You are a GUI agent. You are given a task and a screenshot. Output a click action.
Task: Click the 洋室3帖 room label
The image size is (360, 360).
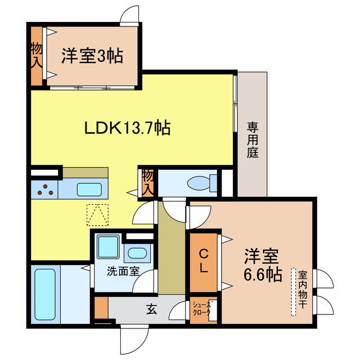coord(92,56)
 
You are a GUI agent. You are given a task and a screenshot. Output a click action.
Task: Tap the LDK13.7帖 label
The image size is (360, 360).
coord(128,128)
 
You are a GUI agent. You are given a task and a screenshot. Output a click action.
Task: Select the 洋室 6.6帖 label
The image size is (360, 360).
coord(263,266)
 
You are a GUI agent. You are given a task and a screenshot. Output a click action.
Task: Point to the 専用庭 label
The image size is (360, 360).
coord(252,140)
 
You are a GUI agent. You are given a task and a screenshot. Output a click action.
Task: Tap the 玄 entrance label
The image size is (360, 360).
coord(152,308)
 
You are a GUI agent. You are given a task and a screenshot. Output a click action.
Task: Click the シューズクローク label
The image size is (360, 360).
coord(202,309)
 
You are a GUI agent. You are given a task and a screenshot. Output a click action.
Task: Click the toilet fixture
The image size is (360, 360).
coord(200,183)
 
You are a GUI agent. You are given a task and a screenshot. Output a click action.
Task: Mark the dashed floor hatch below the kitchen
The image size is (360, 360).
coord(97,214)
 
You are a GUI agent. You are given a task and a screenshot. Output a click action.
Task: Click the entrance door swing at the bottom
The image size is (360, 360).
coord(130,340)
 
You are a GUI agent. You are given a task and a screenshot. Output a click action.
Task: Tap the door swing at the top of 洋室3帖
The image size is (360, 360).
coord(130,15)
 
